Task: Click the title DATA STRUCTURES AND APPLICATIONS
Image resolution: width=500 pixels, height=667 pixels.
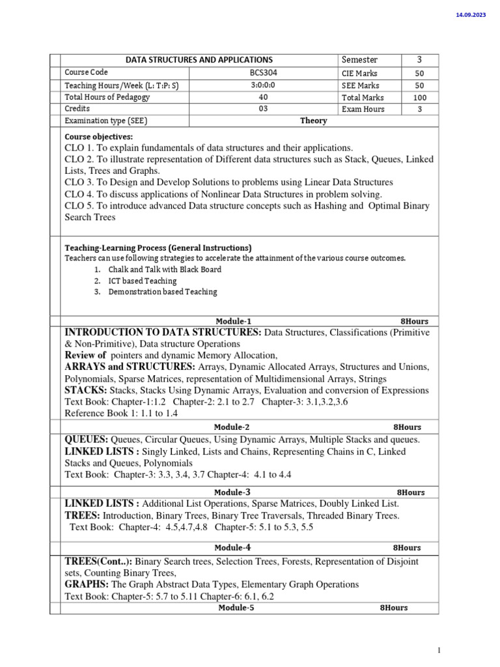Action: (x=199, y=60)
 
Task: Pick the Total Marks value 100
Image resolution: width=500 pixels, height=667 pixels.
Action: (x=420, y=98)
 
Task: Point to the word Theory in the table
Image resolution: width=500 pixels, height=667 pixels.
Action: (x=313, y=121)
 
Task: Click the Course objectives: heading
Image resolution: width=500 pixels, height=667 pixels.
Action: (x=98, y=137)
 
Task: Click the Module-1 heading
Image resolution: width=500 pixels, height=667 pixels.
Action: (x=233, y=321)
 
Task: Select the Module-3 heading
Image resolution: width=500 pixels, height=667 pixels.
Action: (x=232, y=492)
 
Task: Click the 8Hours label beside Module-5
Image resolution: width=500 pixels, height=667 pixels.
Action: (x=394, y=608)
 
